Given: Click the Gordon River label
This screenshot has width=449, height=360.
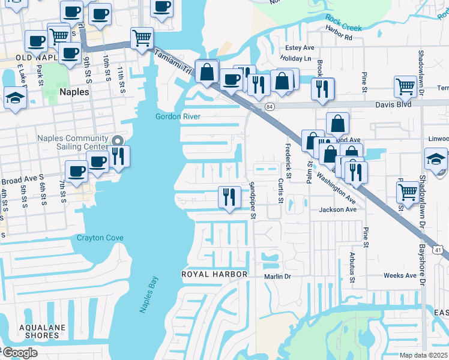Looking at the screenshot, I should (x=178, y=116).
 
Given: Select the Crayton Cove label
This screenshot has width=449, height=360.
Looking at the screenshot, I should (x=100, y=238).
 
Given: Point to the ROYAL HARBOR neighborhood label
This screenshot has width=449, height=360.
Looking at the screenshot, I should (x=214, y=274).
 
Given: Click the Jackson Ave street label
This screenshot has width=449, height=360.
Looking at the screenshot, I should (x=338, y=209).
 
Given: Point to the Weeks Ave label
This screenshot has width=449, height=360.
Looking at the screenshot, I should (x=400, y=276).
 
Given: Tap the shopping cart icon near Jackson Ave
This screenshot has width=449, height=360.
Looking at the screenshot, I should (x=408, y=193).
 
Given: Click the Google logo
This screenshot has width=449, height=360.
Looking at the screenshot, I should (x=19, y=353).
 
